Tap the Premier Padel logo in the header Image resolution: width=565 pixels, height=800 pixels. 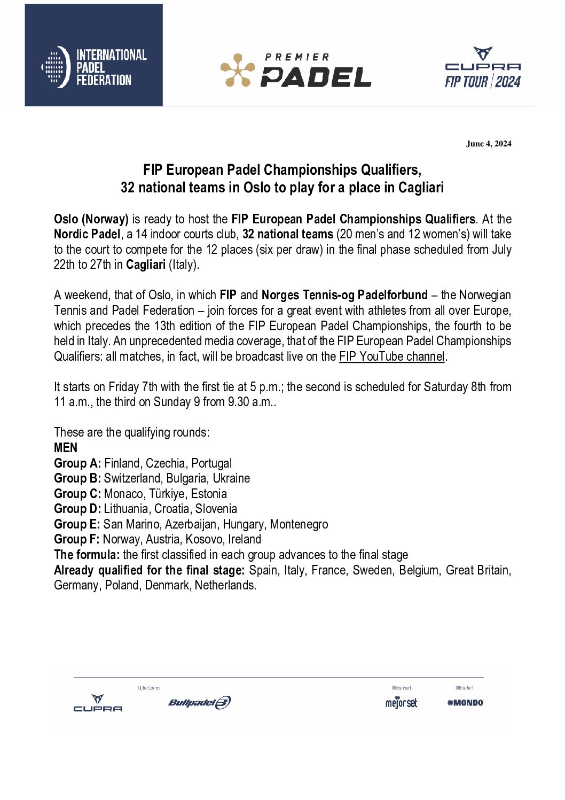[296, 70]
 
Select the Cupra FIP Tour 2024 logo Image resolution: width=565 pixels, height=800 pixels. [483, 68]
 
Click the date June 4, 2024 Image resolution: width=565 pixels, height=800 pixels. [489, 144]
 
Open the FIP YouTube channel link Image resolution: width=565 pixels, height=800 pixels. [391, 356]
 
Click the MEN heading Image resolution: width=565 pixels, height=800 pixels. [66, 448]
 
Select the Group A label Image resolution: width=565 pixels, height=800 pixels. [77, 463]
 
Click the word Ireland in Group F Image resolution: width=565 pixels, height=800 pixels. [245, 539]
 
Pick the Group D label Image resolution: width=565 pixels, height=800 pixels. [77, 509]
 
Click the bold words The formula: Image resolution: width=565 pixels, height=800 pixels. [87, 555]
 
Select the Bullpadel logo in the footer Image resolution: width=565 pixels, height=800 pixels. [200, 702]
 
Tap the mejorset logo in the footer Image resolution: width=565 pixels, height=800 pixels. [401, 703]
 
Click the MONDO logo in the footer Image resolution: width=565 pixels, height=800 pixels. [465, 703]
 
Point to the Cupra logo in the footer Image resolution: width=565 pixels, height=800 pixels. [98, 703]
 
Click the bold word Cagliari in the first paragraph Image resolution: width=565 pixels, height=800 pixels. [146, 265]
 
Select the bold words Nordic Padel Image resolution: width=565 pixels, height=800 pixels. [87, 234]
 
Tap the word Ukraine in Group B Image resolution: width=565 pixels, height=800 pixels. [231, 478]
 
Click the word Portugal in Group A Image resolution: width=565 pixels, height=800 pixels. [211, 463]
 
